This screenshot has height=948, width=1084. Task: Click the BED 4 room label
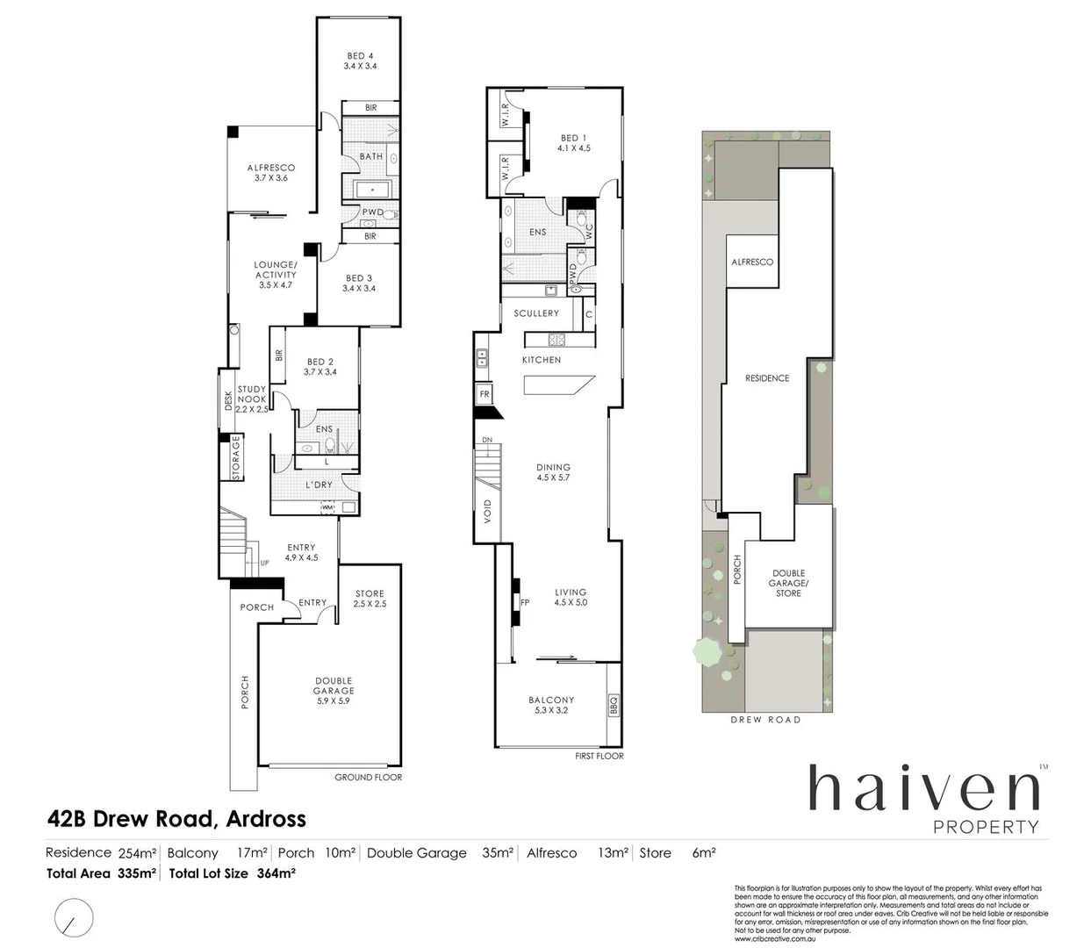360,61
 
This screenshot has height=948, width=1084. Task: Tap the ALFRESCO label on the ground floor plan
271,172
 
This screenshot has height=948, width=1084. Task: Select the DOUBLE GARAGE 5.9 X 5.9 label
334,691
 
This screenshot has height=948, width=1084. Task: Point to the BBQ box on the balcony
613,705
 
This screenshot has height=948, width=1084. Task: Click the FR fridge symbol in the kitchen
484,395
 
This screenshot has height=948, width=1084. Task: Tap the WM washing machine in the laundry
327,507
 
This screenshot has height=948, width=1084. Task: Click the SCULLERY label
536,313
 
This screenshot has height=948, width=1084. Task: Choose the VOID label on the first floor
488,511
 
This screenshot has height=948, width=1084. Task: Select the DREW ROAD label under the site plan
765,720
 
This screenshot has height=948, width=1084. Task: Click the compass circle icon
73,917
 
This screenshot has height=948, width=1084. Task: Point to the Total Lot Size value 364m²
276,873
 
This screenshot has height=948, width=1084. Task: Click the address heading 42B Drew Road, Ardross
176,819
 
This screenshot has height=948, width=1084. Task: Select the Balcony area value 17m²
252,852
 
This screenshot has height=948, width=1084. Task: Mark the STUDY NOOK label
251,399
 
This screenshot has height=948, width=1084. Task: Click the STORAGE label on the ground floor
235,457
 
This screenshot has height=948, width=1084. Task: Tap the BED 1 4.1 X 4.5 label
574,143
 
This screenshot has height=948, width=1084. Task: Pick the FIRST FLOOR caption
599,756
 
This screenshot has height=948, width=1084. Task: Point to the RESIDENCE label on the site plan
767,378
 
